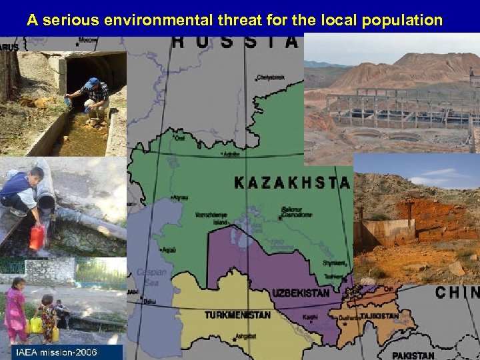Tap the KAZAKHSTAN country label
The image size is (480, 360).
tap(291, 182)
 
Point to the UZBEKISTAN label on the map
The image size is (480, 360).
tap(301, 293)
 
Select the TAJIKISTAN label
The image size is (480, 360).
tap(377, 316)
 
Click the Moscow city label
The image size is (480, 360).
tap(87, 41)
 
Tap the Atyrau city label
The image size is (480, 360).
tap(179, 198)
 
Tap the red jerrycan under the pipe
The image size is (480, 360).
tap(37, 237)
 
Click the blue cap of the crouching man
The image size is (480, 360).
tap(92, 83)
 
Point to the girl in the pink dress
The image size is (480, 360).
tap(15, 311)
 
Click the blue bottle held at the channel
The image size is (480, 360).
tap(68, 102)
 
